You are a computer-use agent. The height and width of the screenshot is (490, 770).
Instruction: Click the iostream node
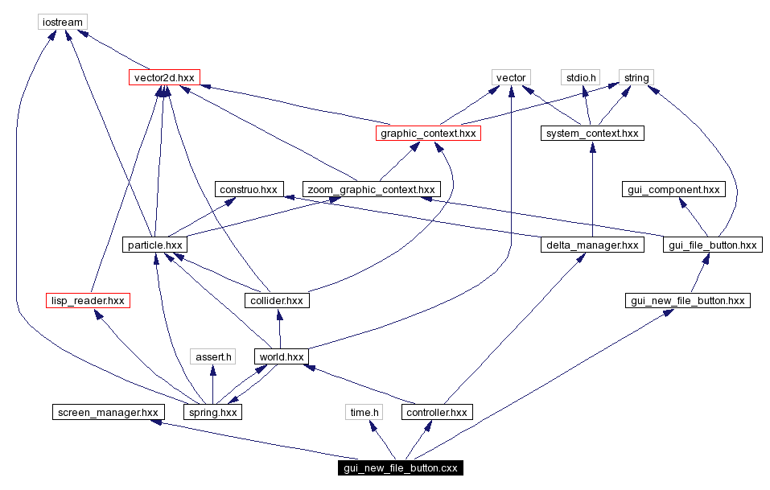(62, 22)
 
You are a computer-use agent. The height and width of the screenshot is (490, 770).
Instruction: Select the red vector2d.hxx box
(164, 77)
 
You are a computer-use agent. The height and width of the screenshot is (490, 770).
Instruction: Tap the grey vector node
(511, 77)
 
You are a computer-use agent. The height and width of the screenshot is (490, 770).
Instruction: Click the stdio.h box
(581, 77)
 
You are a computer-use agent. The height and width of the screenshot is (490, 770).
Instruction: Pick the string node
(636, 77)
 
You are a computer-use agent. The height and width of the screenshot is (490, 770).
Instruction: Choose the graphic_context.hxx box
(428, 133)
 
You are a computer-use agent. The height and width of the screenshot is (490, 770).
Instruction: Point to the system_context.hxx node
(592, 133)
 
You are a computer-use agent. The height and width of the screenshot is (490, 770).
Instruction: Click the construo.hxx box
(247, 189)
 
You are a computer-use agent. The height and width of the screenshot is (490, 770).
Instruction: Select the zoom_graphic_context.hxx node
(371, 189)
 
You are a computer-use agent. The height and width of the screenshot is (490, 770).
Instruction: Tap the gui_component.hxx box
(673, 189)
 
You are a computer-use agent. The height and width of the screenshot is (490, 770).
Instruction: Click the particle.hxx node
(155, 245)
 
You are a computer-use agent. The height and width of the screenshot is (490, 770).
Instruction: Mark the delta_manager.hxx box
(592, 245)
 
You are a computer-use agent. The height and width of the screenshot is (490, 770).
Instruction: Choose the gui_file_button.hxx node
(712, 245)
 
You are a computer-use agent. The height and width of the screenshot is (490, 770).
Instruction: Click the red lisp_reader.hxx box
(88, 300)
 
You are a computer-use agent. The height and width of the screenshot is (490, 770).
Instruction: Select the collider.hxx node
(276, 300)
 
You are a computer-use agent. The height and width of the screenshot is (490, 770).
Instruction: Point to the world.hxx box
(280, 356)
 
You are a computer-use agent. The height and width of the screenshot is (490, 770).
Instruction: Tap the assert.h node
(213, 356)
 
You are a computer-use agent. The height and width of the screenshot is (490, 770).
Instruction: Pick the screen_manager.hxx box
(107, 412)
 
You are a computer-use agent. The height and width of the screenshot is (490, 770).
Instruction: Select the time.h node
(364, 412)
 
